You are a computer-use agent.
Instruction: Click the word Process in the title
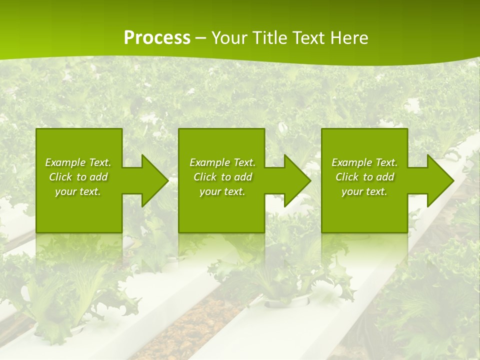click(x=157, y=38)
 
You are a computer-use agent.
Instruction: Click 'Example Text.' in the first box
click(x=78, y=162)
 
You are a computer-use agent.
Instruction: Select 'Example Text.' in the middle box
click(x=222, y=162)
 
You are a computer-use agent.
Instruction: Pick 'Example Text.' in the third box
click(x=364, y=162)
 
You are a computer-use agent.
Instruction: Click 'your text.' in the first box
click(x=78, y=191)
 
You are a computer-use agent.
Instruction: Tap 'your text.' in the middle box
click(x=222, y=191)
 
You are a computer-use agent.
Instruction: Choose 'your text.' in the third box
click(x=364, y=191)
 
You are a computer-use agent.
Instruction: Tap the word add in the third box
click(x=385, y=177)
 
